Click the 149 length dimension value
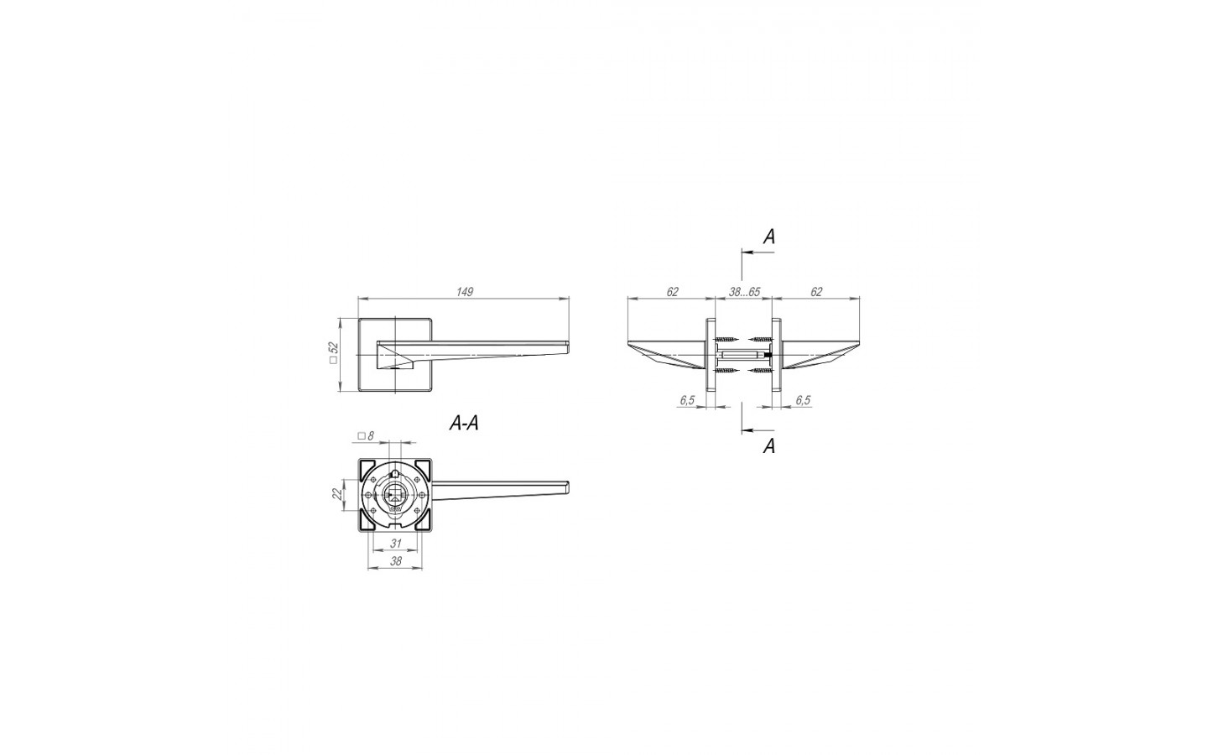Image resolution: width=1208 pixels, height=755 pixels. point(465,292)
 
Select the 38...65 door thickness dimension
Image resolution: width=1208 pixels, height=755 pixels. point(744,292)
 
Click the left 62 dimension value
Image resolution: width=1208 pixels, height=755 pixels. point(672,292)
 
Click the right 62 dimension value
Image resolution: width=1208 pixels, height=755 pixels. point(816,292)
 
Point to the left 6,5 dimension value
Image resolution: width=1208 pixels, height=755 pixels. point(687,400)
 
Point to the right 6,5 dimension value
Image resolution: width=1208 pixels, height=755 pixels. point(803,400)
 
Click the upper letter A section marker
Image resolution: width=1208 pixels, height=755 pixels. point(769,237)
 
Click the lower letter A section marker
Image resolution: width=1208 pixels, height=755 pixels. point(769,446)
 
